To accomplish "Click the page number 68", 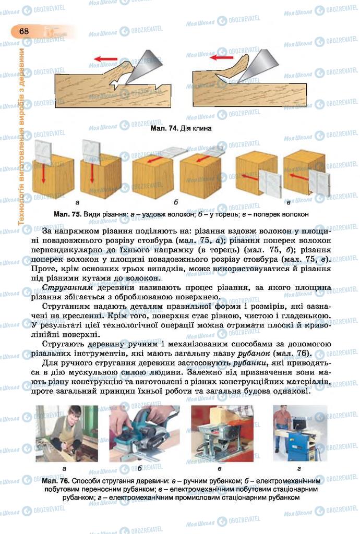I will pos(24,31).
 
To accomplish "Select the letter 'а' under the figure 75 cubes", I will pos(77,201).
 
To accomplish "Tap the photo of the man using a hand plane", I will pos(67,433).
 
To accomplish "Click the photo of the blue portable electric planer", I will pos(144,433).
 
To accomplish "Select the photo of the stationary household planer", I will pos(222,433).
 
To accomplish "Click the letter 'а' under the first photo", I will pos(64,468).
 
